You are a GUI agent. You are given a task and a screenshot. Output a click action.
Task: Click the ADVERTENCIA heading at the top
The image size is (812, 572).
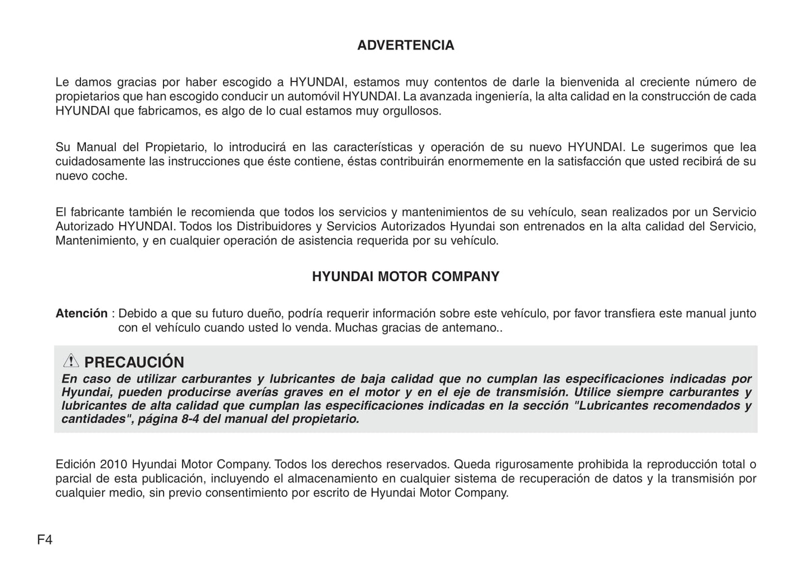pyautogui.click(x=405, y=45)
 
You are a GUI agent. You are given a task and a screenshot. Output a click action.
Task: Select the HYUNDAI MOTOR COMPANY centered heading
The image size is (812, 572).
pyautogui.click(x=405, y=277)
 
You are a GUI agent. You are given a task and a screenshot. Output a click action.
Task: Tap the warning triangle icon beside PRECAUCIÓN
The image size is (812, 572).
pyautogui.click(x=71, y=361)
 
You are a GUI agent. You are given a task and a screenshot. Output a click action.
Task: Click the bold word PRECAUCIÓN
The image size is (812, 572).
pyautogui.click(x=134, y=362)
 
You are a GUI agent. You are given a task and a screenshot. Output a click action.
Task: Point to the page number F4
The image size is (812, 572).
pyautogui.click(x=44, y=540)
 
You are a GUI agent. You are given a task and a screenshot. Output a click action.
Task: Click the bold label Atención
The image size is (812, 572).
pyautogui.click(x=81, y=313)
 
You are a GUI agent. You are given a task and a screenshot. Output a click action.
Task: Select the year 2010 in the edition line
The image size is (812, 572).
pyautogui.click(x=115, y=464)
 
